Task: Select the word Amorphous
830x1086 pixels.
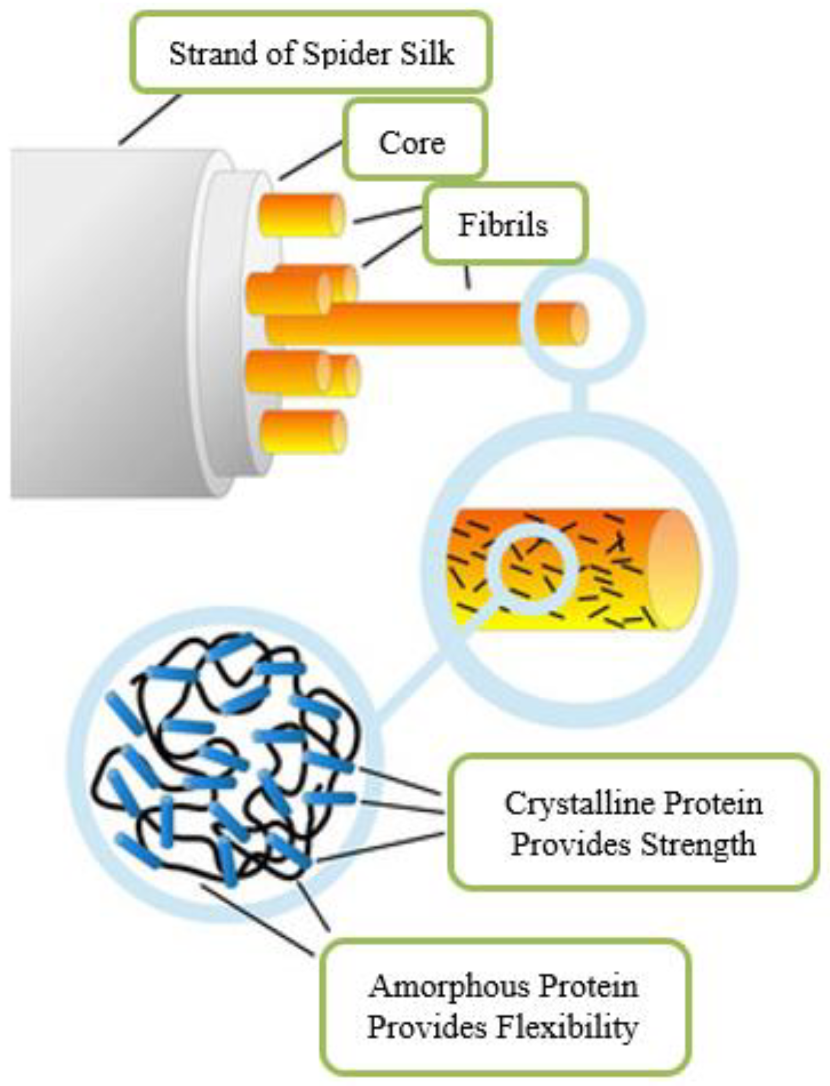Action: [x=449, y=986]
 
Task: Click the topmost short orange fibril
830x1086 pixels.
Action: [x=302, y=215]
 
